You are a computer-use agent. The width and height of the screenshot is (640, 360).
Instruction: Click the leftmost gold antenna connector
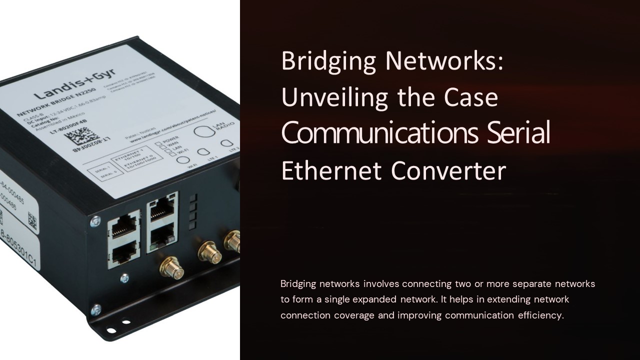(171, 267)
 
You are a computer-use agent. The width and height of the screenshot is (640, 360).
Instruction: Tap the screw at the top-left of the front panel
(95, 220)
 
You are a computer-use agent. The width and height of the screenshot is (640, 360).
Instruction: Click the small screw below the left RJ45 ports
(124, 278)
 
